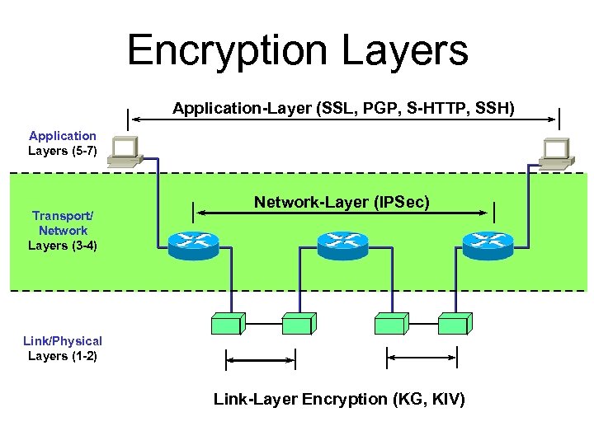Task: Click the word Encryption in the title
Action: pyautogui.click(x=218, y=51)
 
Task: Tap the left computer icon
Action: pyautogui.click(x=125, y=152)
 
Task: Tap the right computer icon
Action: pyautogui.click(x=555, y=152)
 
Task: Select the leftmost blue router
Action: pyautogui.click(x=193, y=242)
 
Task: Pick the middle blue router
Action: pyautogui.click(x=342, y=242)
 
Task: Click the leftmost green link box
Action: pyautogui.click(x=228, y=322)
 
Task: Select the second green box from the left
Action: pyautogui.click(x=297, y=322)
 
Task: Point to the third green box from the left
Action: pyautogui.click(x=389, y=322)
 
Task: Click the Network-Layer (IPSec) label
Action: pyautogui.click(x=342, y=202)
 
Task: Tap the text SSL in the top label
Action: pyautogui.click(x=332, y=108)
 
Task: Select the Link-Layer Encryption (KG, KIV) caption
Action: pyautogui.click(x=339, y=400)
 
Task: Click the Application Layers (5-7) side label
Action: pyautogui.click(x=62, y=143)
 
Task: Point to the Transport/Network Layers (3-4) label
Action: pyautogui.click(x=62, y=231)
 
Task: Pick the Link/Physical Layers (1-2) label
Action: pyautogui.click(x=62, y=349)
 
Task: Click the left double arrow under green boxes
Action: pyautogui.click(x=261, y=358)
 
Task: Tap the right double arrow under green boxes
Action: pyautogui.click(x=422, y=357)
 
